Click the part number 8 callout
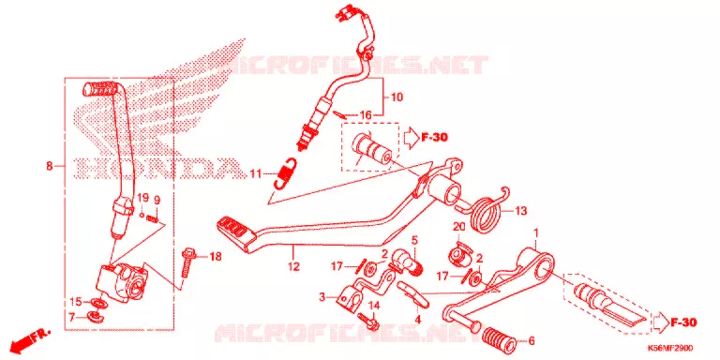[50, 166]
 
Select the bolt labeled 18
[186, 262]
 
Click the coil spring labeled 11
[285, 173]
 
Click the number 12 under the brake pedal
[293, 266]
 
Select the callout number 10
[397, 97]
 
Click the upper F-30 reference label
[433, 137]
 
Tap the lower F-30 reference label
[683, 322]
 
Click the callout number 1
[535, 234]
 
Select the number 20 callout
[459, 227]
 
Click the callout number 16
[365, 114]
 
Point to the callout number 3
[322, 297]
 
